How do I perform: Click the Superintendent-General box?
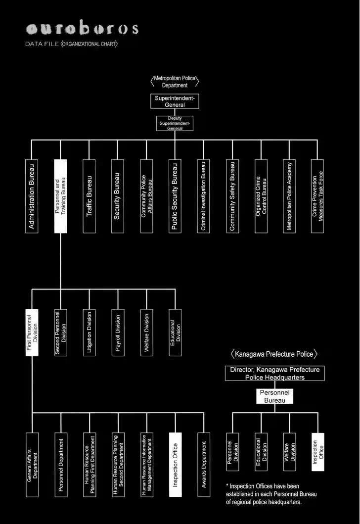click(175, 101)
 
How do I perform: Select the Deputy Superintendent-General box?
click(175, 124)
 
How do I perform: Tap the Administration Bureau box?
click(32, 196)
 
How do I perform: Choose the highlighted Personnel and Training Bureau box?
click(60, 196)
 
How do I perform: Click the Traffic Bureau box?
click(89, 196)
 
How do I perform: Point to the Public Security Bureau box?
click(175, 196)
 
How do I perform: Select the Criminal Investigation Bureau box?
click(203, 196)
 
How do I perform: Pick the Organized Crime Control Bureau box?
click(261, 196)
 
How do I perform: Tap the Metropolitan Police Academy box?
click(289, 196)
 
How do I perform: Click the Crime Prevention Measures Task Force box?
click(317, 196)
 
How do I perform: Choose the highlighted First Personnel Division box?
click(32, 333)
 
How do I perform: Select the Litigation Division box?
click(89, 333)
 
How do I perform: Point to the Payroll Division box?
click(118, 333)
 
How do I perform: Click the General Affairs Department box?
click(32, 465)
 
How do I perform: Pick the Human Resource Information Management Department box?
click(146, 465)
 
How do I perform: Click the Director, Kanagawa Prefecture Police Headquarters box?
click(275, 374)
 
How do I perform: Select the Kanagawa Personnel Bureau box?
click(275, 396)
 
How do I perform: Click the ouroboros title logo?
click(82, 29)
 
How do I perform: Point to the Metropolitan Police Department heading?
click(175, 82)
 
